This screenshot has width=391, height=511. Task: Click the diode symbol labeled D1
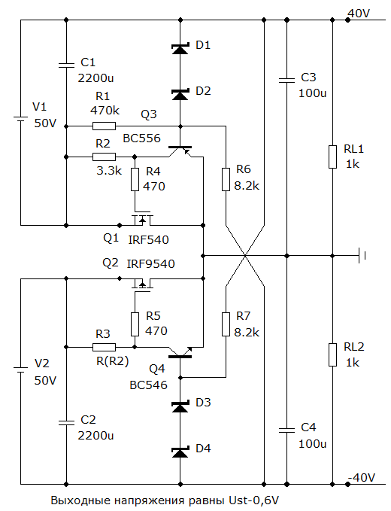pyautogui.click(x=180, y=49)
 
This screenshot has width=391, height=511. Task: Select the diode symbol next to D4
pyautogui.click(x=180, y=452)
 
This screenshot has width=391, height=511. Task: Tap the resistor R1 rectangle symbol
pyautogui.click(x=105, y=126)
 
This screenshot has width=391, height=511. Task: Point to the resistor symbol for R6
pyautogui.click(x=226, y=179)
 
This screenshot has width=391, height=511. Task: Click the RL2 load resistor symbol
pyautogui.click(x=332, y=354)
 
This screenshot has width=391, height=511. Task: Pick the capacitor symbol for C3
pyautogui.click(x=286, y=81)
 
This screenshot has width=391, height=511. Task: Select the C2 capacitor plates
pyautogui.click(x=66, y=423)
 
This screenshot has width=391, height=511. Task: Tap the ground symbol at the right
pyautogui.click(x=362, y=256)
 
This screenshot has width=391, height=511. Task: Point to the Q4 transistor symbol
pyautogui.click(x=180, y=352)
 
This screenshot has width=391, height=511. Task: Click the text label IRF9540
pyautogui.click(x=150, y=263)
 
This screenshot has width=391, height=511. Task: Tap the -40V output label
pyautogui.click(x=362, y=478)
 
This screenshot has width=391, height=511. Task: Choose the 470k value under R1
pyautogui.click(x=105, y=111)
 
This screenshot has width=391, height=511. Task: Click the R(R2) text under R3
pyautogui.click(x=112, y=361)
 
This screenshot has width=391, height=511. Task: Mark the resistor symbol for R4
pyautogui.click(x=135, y=179)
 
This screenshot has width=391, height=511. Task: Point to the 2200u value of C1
pyautogui.click(x=95, y=78)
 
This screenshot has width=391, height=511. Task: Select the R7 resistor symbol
pyautogui.click(x=226, y=324)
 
